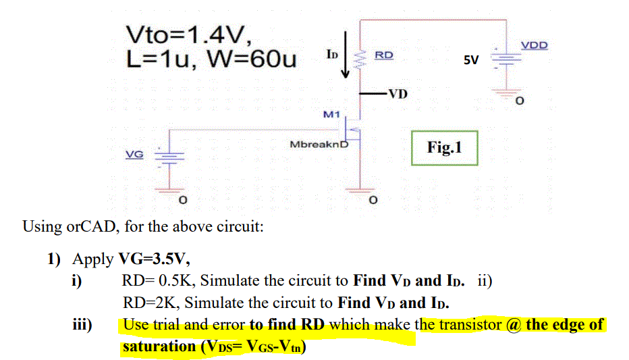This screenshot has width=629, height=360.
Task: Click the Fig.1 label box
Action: click(x=444, y=147)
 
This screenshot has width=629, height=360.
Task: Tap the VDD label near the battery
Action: click(x=535, y=45)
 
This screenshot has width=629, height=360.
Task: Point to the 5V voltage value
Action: click(x=470, y=60)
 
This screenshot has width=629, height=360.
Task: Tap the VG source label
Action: click(x=135, y=154)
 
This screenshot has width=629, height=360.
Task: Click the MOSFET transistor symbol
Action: click(x=353, y=126)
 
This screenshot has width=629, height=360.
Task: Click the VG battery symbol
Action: click(x=165, y=156)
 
